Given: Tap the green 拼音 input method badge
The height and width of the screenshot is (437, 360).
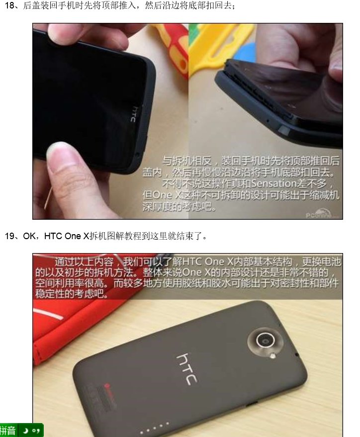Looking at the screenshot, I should coord(8,430).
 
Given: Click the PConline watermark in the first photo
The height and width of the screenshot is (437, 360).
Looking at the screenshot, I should coord(321,214).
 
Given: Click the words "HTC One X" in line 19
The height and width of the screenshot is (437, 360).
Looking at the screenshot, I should coord(66,236).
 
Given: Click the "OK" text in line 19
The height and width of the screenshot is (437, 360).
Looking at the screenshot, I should coord(29,236).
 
